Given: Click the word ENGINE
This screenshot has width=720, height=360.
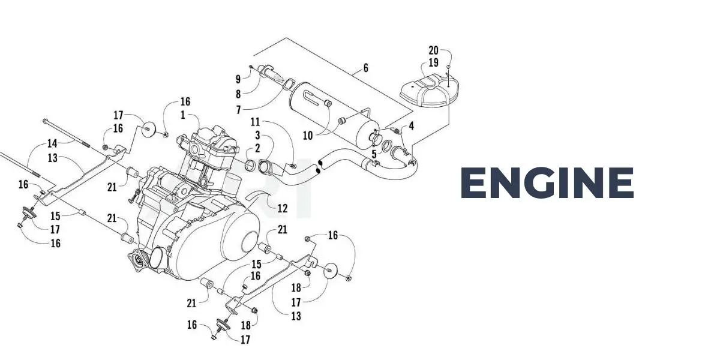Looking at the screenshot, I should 547,183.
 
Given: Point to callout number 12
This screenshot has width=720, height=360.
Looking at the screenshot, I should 283,208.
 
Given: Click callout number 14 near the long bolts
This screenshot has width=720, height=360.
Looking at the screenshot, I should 52,143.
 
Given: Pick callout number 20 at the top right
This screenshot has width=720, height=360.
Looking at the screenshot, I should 434,50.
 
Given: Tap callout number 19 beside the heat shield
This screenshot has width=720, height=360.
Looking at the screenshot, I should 434,62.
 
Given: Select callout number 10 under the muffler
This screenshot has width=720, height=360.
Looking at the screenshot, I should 307,136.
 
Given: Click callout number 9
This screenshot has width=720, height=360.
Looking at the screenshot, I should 238,79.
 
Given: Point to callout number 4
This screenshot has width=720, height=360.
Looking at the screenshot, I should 412,125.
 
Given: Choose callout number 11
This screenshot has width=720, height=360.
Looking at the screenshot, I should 255,121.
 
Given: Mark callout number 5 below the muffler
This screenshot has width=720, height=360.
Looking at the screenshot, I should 374,154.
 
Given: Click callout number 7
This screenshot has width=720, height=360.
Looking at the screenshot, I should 238,110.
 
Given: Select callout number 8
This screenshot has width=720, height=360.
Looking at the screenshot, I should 238,94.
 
